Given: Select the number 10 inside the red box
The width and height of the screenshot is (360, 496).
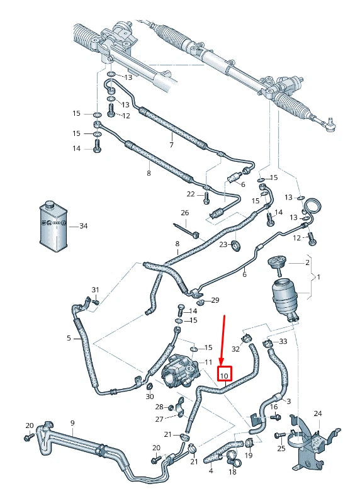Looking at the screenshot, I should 225,376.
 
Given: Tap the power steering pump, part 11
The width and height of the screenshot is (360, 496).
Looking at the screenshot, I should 180,372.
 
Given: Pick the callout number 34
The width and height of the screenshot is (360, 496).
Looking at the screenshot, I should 83,225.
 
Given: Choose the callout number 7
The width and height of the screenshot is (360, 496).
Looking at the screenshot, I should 171,145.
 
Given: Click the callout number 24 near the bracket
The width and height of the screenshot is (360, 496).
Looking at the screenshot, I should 317,414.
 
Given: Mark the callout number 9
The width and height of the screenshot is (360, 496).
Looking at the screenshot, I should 72,422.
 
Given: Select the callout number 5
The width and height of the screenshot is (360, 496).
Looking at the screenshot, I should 69,338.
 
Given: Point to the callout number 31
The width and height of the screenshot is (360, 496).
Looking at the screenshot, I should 95,290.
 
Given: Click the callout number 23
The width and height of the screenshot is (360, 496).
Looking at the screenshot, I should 223,244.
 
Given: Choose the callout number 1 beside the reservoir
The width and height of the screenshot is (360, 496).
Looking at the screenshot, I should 318,277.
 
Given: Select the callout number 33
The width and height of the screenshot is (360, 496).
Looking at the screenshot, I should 283,341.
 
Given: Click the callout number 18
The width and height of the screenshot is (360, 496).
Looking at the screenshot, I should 232,471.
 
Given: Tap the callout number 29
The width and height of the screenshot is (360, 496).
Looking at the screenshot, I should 215,300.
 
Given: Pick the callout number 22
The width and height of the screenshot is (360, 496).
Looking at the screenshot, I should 191,193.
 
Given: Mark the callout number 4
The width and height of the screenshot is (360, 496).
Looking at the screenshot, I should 210,470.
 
